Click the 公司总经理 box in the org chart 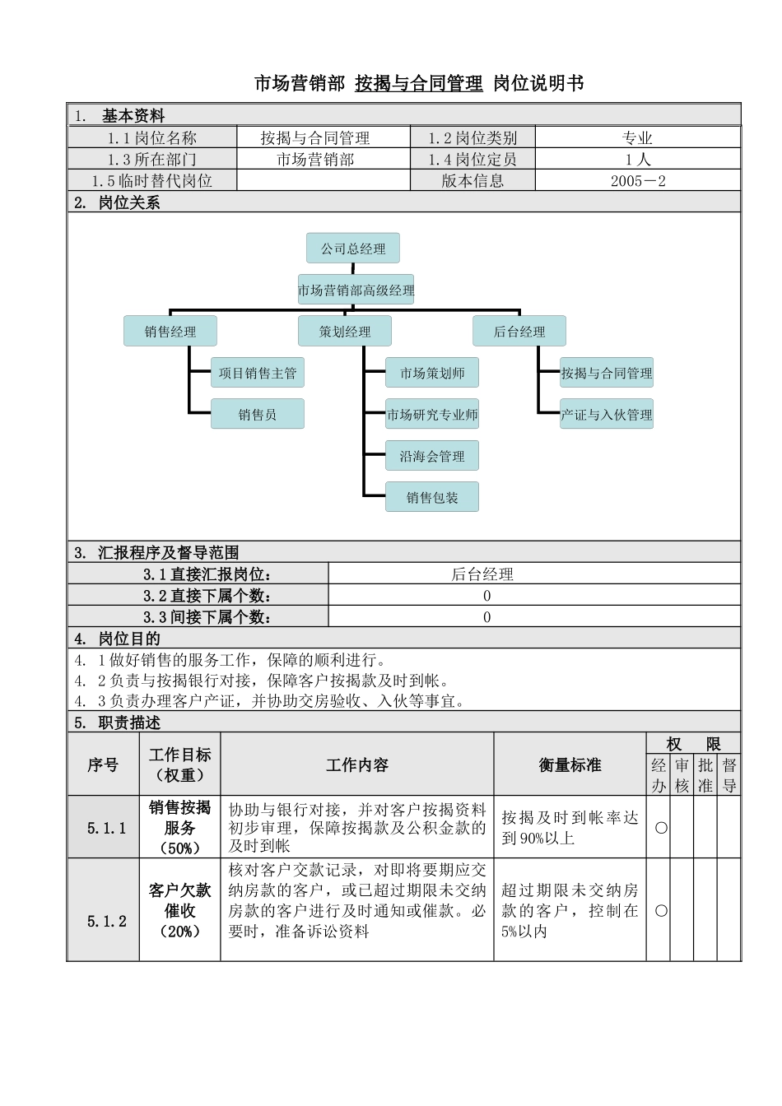coord(353,249)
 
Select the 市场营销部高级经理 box coord(356,290)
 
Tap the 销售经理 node coord(170,332)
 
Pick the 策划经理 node coord(345,332)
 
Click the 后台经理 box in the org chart coord(519,332)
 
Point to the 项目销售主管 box coord(258,373)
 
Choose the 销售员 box coord(258,415)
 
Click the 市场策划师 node coord(432,373)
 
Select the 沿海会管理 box coord(432,456)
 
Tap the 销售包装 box coord(432,497)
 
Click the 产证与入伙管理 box coord(607,415)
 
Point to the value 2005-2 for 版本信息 coord(638,181)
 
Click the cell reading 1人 coord(638,160)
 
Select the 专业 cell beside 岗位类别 coord(638,138)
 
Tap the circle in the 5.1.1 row coord(661,828)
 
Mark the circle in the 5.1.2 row coord(661,911)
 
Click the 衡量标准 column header coord(570,765)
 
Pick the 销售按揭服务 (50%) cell coord(179,828)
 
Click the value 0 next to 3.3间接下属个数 coord(486,617)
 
